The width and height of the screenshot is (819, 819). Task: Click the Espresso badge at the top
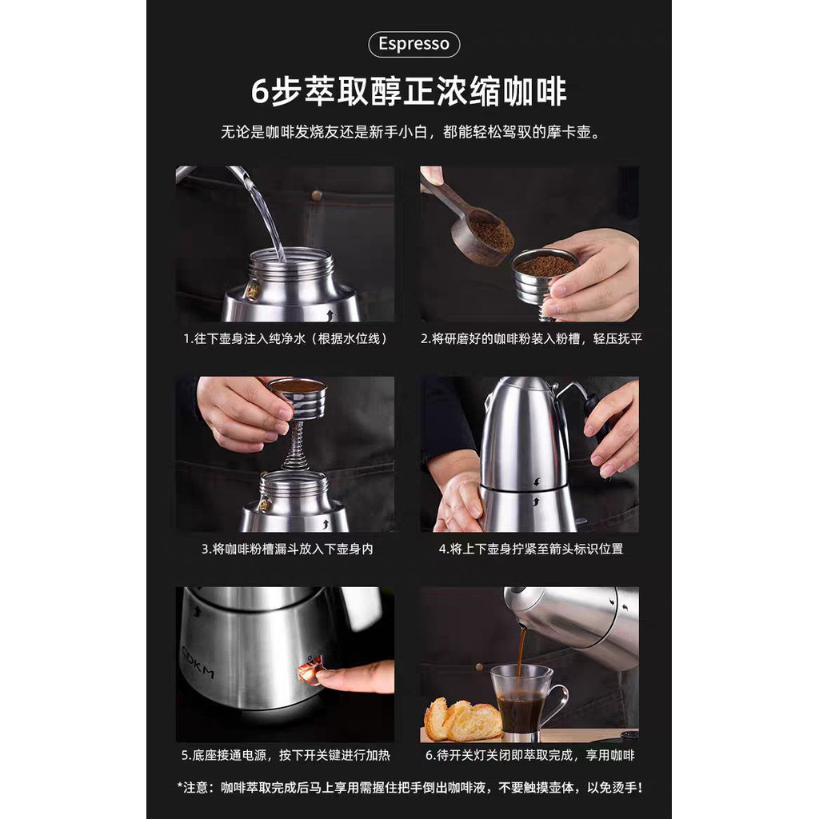[x=413, y=44]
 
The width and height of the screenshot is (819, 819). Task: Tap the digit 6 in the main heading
[x=260, y=91]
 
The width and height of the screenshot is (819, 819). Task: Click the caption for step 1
[x=285, y=338]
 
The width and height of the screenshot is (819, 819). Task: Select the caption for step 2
[x=531, y=338]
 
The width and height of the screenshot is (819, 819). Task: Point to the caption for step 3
[x=287, y=549]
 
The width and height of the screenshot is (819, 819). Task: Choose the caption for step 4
[x=531, y=549]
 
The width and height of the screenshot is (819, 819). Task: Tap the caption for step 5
[x=286, y=755]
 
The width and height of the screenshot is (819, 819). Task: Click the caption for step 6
[x=529, y=755]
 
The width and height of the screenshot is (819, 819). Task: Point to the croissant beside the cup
[x=461, y=720]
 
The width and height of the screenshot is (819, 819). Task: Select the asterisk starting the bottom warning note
[x=180, y=787]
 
